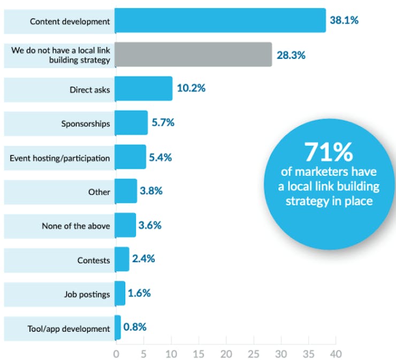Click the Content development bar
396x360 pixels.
pos(220,21)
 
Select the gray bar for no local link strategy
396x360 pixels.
pos(193,55)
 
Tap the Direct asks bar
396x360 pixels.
pos(143,89)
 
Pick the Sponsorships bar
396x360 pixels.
pos(131,123)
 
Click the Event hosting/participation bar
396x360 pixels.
pos(130,157)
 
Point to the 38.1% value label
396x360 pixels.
pos(344,21)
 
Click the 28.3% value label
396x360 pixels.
pos(291,55)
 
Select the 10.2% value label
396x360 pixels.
pos(191,89)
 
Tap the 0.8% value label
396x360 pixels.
pos(135,327)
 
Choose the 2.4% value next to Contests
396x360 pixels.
pos(143,259)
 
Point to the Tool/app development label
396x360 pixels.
pos(68,328)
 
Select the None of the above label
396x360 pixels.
pos(76,226)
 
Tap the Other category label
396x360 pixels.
pos(100,192)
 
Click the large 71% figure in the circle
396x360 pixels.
pos(329,152)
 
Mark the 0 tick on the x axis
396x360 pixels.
pos(116,354)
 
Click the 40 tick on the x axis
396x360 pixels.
pos(335,354)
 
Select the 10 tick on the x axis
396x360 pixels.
pos(171,354)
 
